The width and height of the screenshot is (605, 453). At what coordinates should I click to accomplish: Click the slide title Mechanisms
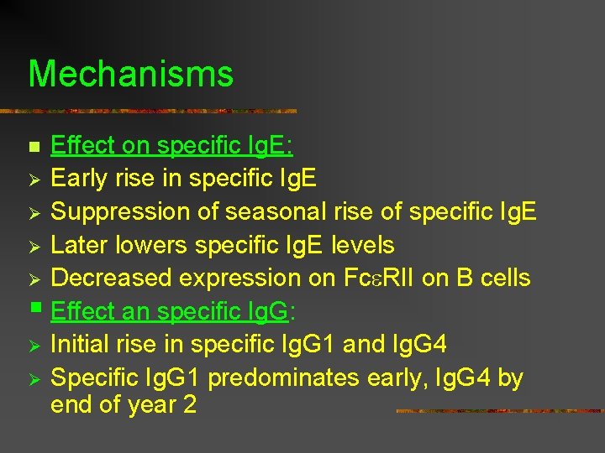tap(130, 74)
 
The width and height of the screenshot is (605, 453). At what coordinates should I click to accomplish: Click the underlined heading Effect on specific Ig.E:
tap(171, 146)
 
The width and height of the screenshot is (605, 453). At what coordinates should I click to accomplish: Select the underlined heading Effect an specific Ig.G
tap(169, 312)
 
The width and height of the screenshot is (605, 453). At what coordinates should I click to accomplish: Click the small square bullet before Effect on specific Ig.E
tap(34, 148)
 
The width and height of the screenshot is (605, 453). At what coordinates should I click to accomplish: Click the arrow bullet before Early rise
tap(34, 180)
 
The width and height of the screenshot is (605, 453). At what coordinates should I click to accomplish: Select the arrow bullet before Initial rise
tap(34, 345)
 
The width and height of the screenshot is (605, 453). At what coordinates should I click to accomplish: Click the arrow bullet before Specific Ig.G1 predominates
tap(34, 378)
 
